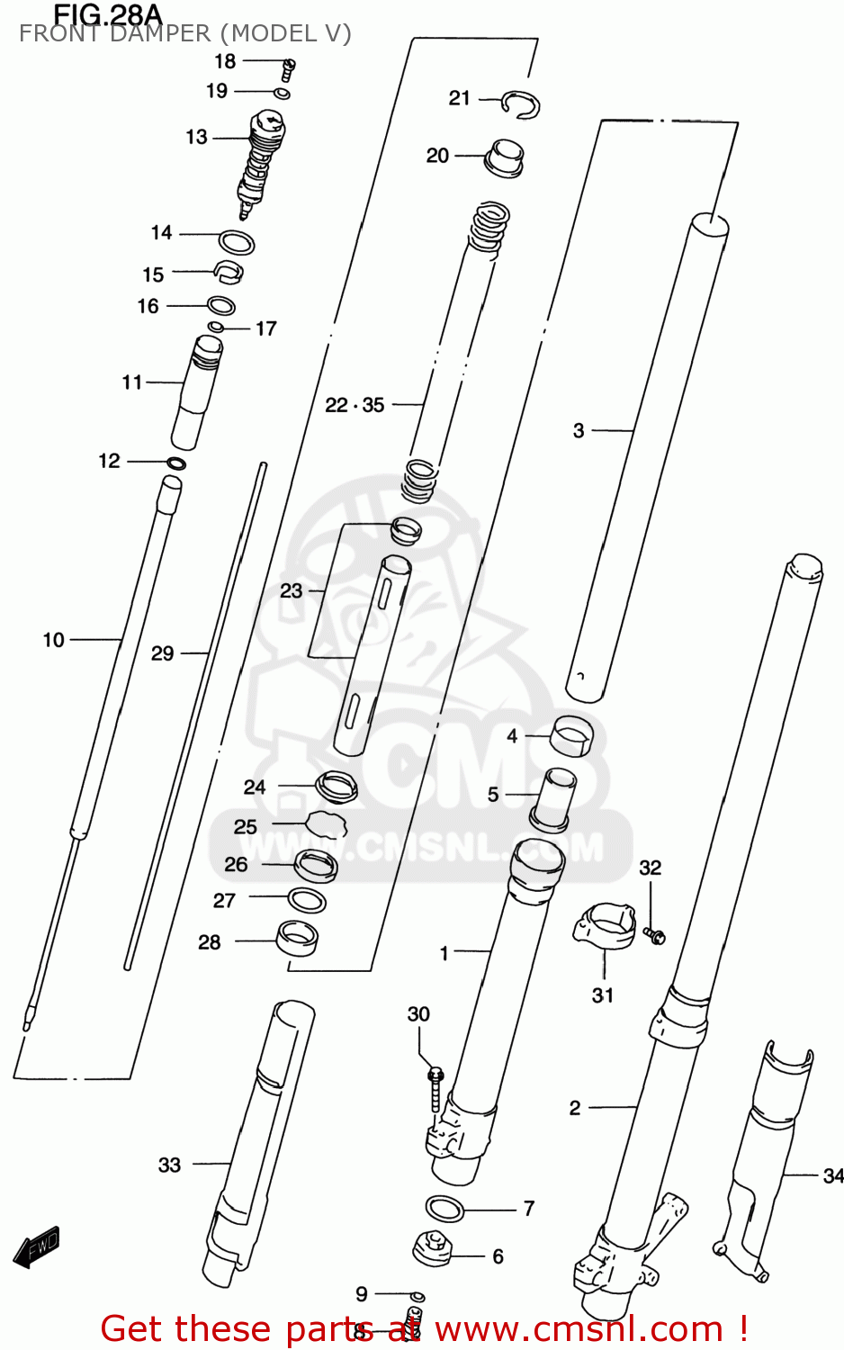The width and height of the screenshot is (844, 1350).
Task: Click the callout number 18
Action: pyautogui.click(x=224, y=61)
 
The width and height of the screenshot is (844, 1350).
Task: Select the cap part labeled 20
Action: pyautogui.click(x=504, y=157)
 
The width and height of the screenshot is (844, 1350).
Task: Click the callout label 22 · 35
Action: pyautogui.click(x=355, y=405)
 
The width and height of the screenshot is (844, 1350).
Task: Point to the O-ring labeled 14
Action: pyautogui.click(x=237, y=241)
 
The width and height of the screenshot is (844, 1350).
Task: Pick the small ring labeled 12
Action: pyautogui.click(x=176, y=463)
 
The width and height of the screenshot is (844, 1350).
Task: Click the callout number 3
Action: pyautogui.click(x=579, y=430)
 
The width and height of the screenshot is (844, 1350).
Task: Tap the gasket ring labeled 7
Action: pyautogui.click(x=444, y=1209)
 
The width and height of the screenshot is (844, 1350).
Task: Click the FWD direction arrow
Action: pyautogui.click(x=37, y=1247)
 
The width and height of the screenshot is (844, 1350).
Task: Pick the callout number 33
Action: pyautogui.click(x=169, y=1165)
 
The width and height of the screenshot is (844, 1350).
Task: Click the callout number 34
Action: pyautogui.click(x=832, y=1174)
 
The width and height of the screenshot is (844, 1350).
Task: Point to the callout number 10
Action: pyautogui.click(x=54, y=640)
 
